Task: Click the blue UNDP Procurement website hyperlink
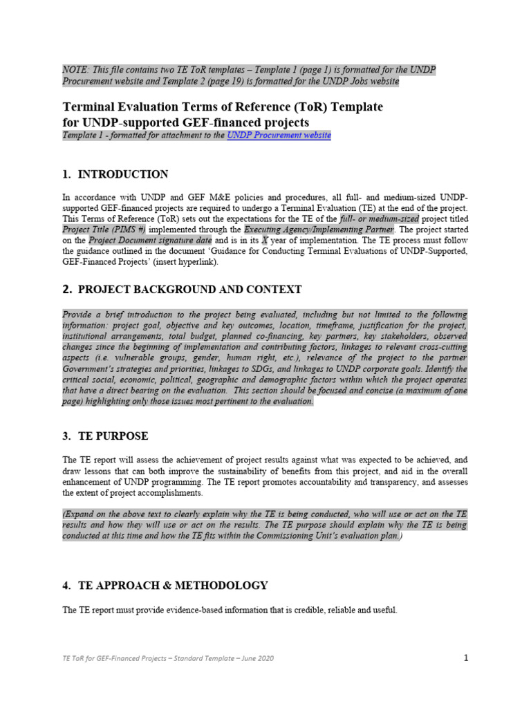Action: point(279,136)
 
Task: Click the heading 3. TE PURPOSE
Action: point(105,436)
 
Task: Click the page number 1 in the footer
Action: point(466,658)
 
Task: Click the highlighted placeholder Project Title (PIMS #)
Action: point(104,229)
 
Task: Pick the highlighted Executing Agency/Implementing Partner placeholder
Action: point(319,229)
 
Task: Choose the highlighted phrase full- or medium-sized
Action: point(380,218)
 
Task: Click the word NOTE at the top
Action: point(75,71)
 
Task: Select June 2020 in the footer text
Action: point(255,659)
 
